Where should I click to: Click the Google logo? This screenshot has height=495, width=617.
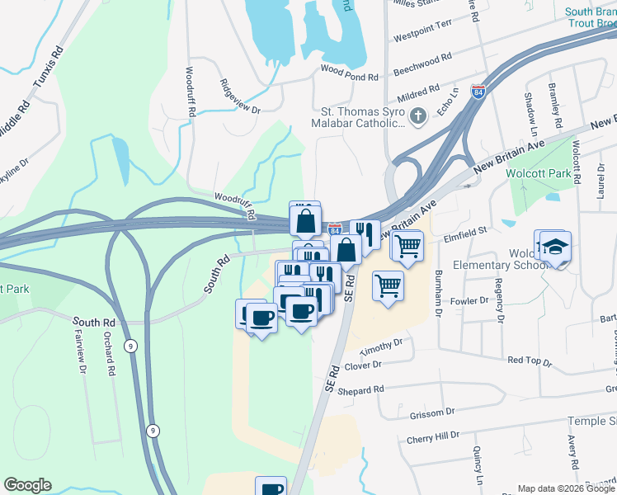click(x=27, y=485)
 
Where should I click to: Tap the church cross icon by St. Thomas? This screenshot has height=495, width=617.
click(x=418, y=115)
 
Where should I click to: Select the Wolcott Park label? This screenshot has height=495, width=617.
click(x=539, y=174)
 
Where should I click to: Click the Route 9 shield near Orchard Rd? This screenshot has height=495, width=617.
click(x=130, y=345)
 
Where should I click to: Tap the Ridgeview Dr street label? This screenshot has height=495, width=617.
click(x=240, y=97)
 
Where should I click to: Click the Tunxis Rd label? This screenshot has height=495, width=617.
click(x=49, y=67)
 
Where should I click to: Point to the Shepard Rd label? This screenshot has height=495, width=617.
click(x=361, y=389)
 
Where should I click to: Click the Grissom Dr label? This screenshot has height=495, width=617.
click(x=431, y=412)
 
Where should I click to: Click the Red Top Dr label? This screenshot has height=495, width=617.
click(x=529, y=361)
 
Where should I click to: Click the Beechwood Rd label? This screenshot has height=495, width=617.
click(x=422, y=60)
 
